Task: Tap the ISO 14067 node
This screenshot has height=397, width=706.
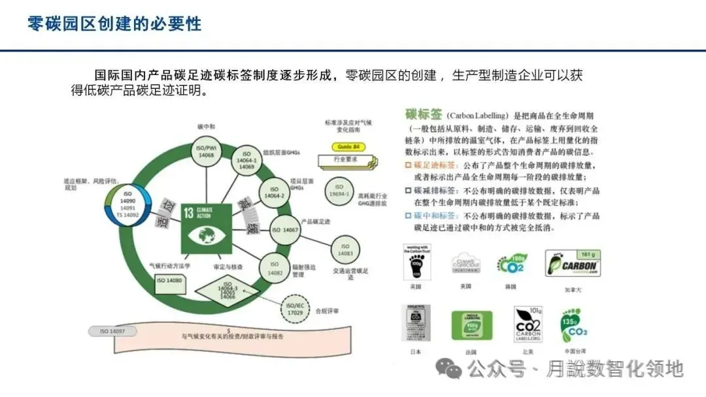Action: pos(284,230)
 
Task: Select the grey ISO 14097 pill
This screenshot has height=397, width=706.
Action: pos(113,332)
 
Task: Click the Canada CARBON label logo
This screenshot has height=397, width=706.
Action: pos(573,264)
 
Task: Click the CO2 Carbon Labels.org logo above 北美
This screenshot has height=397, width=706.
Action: pos(528,325)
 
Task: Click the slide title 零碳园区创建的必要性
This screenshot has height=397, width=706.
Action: pos(114,24)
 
